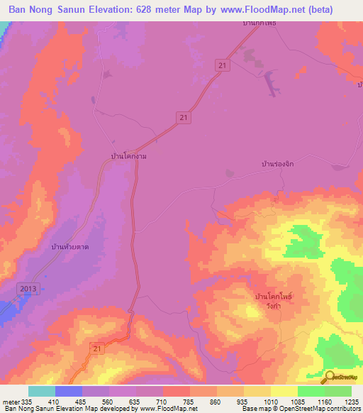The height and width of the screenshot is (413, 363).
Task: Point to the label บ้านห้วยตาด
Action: tap(74, 246)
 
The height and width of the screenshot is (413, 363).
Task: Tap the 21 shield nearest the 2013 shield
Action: tap(99, 347)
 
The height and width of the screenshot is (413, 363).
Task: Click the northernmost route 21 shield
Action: tap(223, 65)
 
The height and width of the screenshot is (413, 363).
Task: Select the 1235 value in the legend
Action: tap(352, 401)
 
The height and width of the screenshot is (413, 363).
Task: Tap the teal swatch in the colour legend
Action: tap(42, 391)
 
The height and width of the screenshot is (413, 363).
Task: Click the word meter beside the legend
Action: tap(9, 401)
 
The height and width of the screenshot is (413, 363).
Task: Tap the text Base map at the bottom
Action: tap(255, 409)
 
